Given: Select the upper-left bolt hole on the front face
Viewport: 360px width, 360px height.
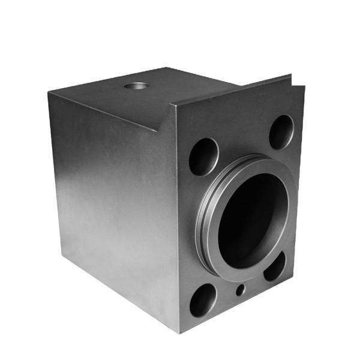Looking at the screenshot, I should pos(203,156).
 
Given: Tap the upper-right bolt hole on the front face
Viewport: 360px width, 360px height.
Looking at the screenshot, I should pos(281,131).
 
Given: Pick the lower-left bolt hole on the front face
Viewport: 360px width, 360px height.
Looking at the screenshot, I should pos(203,299).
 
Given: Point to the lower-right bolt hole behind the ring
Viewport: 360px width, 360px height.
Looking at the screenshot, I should pos(275,266).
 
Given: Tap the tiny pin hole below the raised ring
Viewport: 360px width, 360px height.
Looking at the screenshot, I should pos(240,290).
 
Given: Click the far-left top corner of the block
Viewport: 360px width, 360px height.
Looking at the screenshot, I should pos(49,93).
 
